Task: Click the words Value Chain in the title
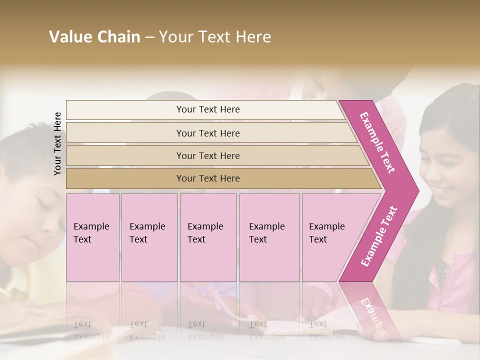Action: [94, 37]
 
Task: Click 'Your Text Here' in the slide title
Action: [215, 37]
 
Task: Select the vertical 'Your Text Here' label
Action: [57, 143]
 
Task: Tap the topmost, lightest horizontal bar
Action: [208, 109]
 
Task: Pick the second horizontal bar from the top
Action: [208, 133]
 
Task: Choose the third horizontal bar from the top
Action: [208, 155]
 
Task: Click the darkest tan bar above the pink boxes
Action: [208, 178]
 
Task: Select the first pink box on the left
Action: [92, 237]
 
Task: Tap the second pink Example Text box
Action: [149, 237]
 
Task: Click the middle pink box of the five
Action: [208, 237]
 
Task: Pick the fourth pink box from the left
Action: [269, 237]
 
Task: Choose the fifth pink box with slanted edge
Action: [330, 237]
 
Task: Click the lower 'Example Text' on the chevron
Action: [379, 236]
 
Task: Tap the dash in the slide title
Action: [149, 37]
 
